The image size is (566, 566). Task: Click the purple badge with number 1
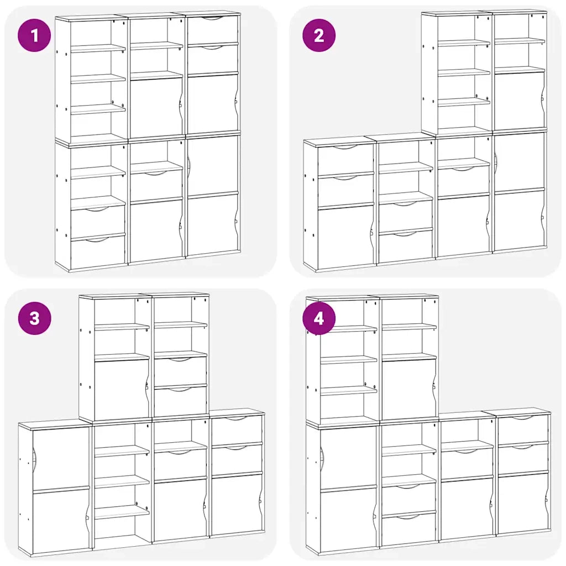(x=34, y=35)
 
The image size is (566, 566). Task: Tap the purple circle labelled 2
(x=319, y=35)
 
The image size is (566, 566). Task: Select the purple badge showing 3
(x=34, y=318)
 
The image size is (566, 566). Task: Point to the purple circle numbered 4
(x=319, y=318)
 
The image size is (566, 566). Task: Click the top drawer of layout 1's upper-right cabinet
(x=213, y=30)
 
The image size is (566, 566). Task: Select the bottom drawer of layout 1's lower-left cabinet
(x=98, y=252)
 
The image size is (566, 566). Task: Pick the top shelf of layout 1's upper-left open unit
(x=97, y=49)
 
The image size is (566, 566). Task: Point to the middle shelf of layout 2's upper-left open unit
(x=464, y=72)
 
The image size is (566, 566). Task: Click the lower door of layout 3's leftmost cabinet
(x=61, y=521)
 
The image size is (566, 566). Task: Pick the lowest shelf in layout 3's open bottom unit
(x=122, y=512)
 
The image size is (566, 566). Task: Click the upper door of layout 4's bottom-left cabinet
(x=348, y=458)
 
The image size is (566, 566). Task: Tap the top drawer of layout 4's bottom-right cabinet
(x=523, y=429)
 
